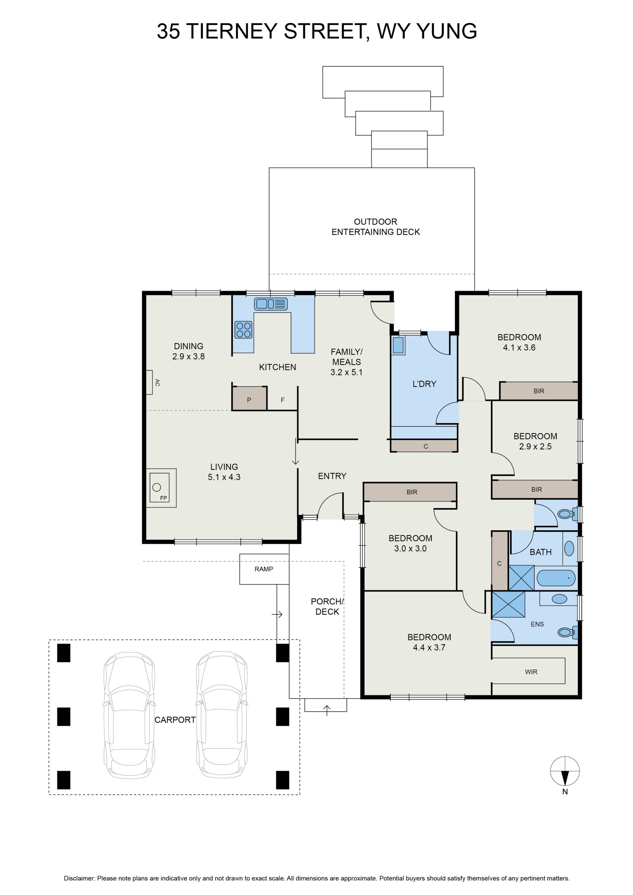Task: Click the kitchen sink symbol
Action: (x=271, y=304)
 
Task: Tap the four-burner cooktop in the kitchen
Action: (x=244, y=329)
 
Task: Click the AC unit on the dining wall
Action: (x=149, y=383)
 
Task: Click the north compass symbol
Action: (x=565, y=771)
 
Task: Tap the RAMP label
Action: (x=264, y=569)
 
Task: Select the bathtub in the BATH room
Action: (x=557, y=578)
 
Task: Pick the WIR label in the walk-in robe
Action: (x=531, y=672)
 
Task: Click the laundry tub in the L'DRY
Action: (x=398, y=345)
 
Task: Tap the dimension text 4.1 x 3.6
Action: (x=519, y=348)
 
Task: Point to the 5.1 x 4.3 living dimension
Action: (x=224, y=477)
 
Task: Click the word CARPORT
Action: (x=175, y=720)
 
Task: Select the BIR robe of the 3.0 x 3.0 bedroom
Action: (x=410, y=492)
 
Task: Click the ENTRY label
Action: (x=332, y=476)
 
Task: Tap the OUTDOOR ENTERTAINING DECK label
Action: (x=376, y=227)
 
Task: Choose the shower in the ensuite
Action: (x=508, y=604)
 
